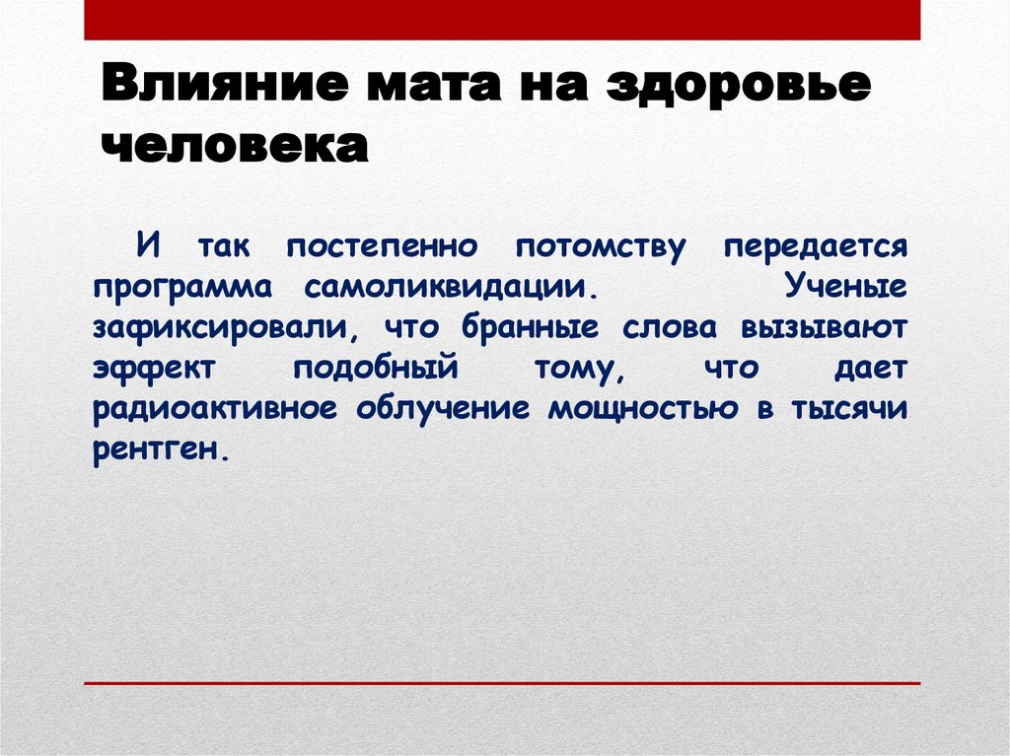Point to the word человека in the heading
235,147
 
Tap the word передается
815,245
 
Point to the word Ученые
846,286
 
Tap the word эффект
153,368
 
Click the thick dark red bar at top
502,20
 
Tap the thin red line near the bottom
502,683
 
